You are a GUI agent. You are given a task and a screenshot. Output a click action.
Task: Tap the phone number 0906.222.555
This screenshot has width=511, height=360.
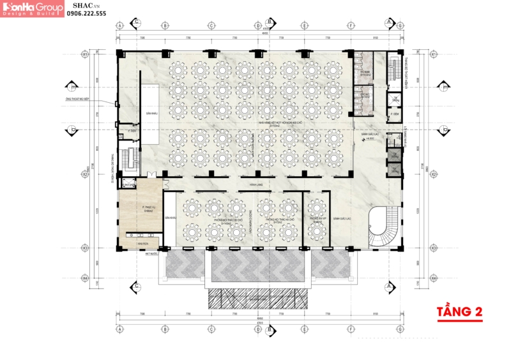point(87,13)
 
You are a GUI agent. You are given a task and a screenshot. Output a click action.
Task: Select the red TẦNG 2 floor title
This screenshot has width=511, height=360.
point(458,312)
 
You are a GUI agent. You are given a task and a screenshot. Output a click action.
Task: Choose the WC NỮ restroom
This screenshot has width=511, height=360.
point(365,96)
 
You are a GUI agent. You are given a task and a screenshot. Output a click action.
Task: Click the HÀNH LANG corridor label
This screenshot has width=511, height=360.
point(256,185)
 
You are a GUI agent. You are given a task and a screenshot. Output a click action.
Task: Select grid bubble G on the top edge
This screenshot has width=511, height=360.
point(400,26)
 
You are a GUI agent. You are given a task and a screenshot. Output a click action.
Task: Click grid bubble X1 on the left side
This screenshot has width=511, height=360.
point(84,55)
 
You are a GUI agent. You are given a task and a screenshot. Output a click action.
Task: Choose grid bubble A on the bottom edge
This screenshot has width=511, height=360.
point(119,329)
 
